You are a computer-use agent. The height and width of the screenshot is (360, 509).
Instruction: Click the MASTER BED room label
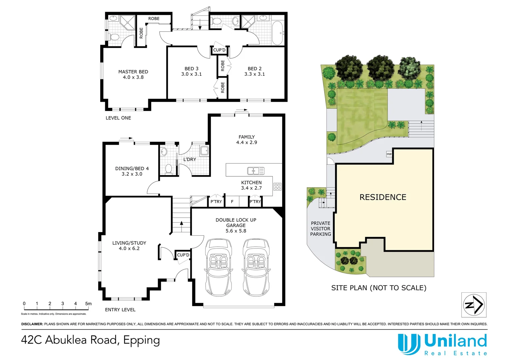(133, 72)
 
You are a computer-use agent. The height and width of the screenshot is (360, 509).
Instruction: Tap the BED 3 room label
(192, 69)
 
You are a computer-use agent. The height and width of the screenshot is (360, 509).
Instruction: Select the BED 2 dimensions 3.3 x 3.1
(254, 74)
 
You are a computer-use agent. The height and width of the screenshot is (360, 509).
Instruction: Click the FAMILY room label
(247, 137)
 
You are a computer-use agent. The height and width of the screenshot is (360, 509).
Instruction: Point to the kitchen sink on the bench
(255, 171)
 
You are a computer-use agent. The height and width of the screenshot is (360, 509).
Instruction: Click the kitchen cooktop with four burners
(277, 187)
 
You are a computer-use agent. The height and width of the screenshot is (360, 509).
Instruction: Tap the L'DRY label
(190, 160)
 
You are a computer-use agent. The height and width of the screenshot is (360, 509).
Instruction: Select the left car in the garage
(219, 267)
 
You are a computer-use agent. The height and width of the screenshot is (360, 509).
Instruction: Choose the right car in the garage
(256, 267)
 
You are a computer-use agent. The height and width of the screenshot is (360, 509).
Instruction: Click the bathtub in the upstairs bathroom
(277, 33)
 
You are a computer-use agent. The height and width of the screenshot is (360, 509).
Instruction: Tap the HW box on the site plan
(389, 154)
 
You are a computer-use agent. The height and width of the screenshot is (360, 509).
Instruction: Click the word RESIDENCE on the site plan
(383, 197)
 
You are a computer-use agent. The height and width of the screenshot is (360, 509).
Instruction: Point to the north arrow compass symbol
(474, 305)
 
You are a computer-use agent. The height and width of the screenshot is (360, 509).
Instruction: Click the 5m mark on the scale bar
(88, 304)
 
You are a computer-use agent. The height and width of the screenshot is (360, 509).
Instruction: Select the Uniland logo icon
(409, 344)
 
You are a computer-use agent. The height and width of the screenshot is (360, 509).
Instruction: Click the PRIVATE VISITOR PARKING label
(320, 229)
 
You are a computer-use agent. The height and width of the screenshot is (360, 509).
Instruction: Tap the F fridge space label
(232, 202)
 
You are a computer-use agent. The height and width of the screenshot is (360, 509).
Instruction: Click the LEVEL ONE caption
(118, 118)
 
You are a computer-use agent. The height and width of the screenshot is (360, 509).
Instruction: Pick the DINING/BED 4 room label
(132, 169)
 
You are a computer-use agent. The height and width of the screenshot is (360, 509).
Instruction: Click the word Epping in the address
(142, 340)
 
